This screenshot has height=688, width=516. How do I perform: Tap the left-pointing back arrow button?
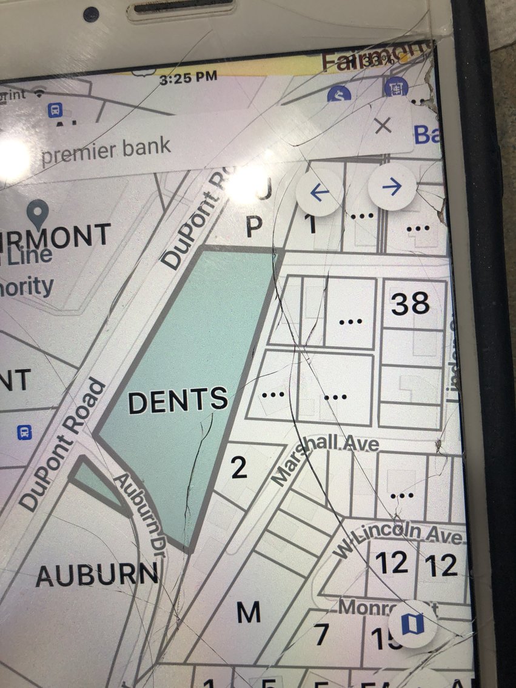coord(319,192)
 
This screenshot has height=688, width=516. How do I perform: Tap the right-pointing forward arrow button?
coord(392,187)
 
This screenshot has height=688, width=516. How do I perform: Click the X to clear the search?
coord(383,126)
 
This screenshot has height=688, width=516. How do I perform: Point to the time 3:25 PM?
coord(188,77)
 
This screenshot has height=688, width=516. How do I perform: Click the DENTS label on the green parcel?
coord(178,400)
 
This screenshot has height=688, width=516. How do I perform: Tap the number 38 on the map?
coord(410,303)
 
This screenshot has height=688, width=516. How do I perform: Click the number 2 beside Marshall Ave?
coord(239,468)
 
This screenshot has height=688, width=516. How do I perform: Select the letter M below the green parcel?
coord(248,612)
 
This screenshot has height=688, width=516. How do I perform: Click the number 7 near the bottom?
coord(321,635)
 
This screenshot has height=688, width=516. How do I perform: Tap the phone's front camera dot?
coord(91,13)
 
